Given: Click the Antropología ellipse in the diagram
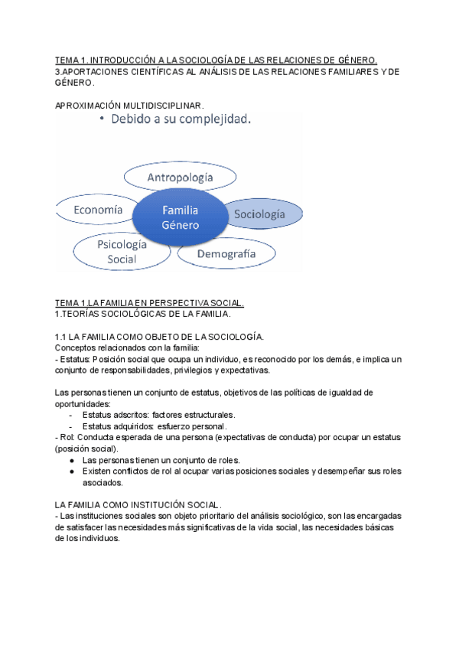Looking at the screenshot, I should click(181, 178).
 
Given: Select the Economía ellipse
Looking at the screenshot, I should click(97, 209).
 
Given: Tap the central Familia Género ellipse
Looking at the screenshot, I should click(180, 217).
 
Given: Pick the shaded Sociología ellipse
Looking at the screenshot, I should click(259, 214).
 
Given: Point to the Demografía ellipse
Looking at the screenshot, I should click(226, 253).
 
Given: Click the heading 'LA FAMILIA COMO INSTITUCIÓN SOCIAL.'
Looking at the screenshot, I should click(138, 505).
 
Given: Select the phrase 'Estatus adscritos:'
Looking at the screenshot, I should click(116, 415).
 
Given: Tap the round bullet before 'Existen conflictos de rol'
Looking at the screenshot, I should click(71, 471).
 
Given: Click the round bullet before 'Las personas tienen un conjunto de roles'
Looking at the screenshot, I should click(71, 460).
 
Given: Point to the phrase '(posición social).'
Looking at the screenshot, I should click(86, 448).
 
